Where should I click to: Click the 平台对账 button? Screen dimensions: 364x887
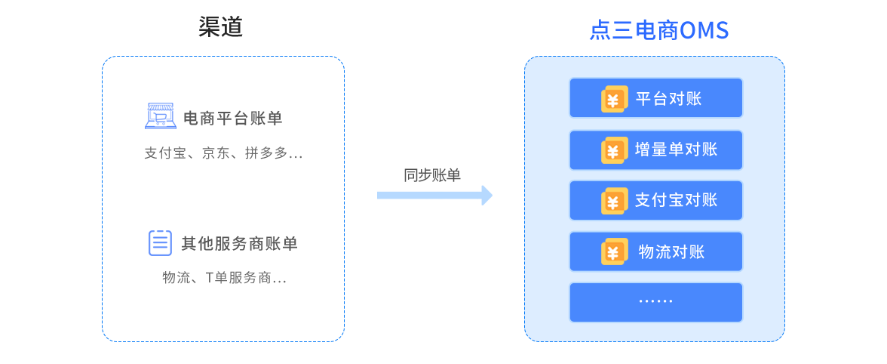click(655, 98)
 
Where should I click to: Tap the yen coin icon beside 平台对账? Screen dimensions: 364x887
click(614, 99)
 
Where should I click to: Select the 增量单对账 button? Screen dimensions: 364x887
click(655, 150)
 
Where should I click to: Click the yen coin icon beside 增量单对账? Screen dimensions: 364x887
click(614, 150)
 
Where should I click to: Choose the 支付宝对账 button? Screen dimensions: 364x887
click(655, 200)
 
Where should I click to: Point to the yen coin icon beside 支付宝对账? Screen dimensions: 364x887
click(614, 201)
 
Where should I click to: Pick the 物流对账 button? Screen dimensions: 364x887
click(655, 251)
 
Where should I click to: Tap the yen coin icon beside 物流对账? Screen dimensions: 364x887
click(614, 251)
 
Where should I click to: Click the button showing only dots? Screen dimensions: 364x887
click(655, 302)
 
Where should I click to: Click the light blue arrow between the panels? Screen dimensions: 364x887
click(436, 195)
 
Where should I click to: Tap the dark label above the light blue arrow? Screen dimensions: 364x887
click(432, 174)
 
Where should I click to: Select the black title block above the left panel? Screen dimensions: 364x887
click(220, 26)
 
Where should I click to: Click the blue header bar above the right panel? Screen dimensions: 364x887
click(658, 29)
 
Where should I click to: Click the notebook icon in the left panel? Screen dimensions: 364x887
click(160, 243)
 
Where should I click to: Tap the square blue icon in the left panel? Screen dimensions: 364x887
click(161, 116)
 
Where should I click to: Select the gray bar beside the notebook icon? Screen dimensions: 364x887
click(238, 242)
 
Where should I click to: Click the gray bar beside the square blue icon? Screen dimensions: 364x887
click(232, 117)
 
